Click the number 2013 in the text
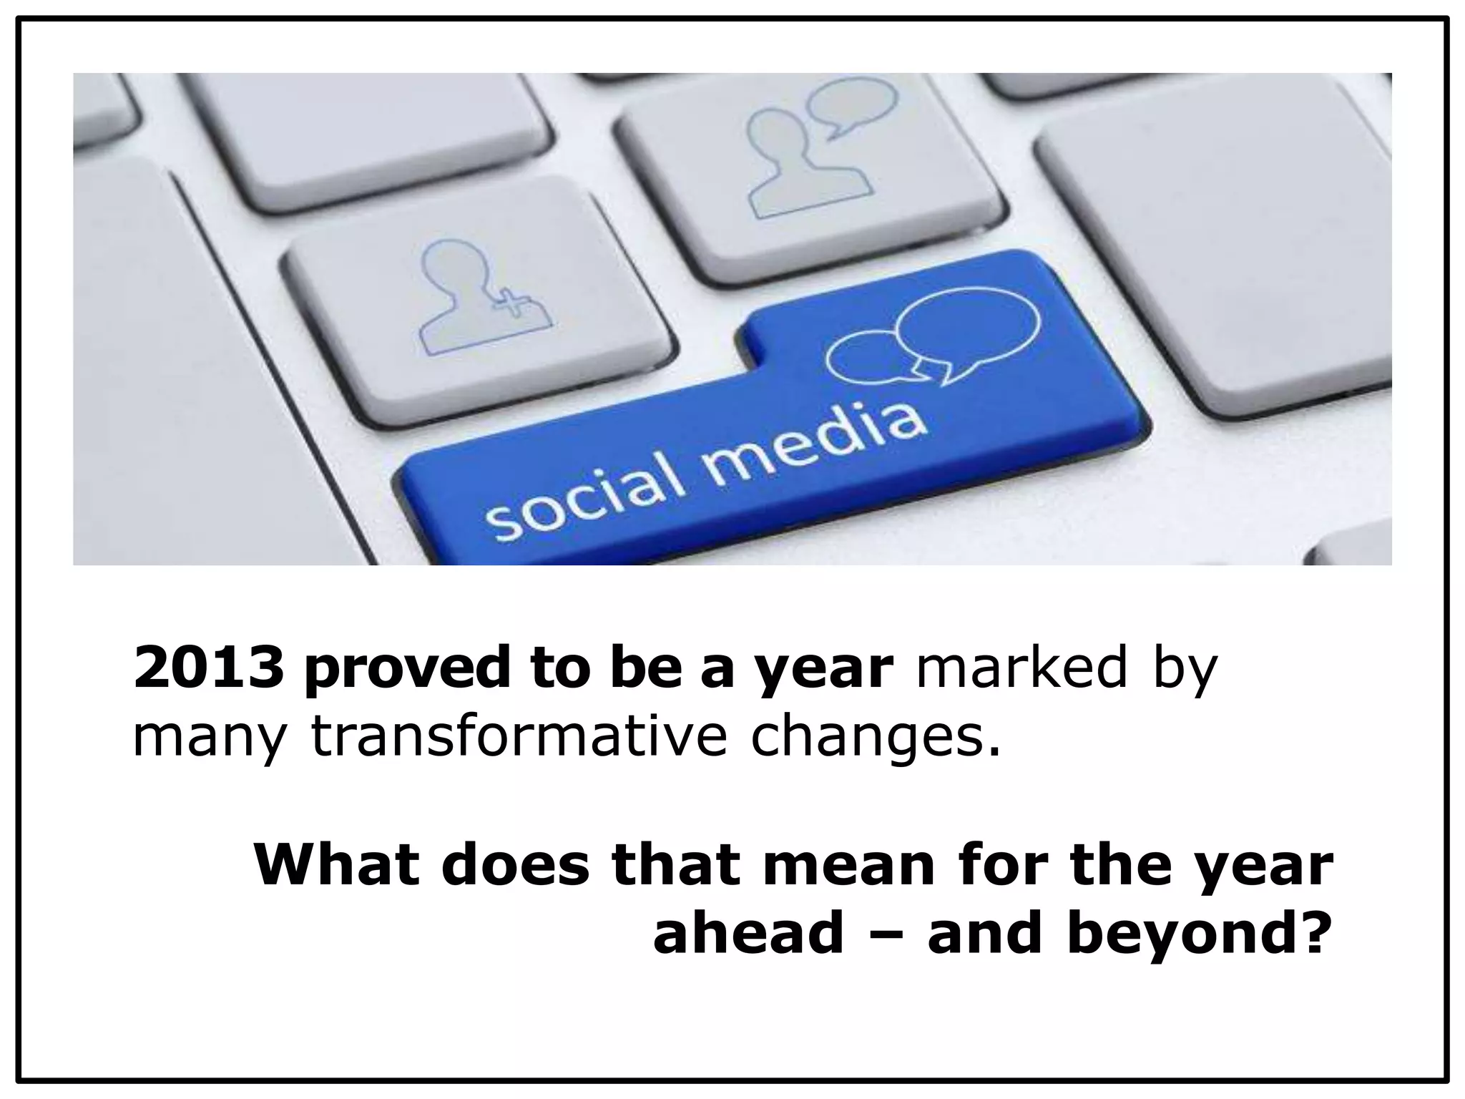tap(207, 668)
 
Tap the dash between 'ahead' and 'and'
tap(886, 936)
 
